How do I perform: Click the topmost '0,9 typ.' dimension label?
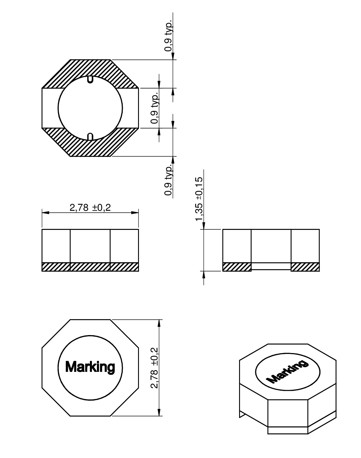[x=168, y=36]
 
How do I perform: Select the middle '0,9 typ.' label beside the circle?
[x=155, y=108]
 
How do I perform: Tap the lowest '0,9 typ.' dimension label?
[x=168, y=180]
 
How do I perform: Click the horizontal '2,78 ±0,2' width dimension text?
[x=90, y=208]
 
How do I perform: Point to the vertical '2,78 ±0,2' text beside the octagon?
[x=155, y=368]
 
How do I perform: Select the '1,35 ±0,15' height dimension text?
[x=199, y=199]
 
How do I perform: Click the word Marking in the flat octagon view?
[x=90, y=367]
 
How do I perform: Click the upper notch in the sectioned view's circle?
[x=90, y=79]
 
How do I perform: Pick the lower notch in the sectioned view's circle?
[x=90, y=137]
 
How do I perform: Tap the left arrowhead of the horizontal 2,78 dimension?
[x=46, y=213]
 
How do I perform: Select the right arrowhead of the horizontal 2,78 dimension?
[x=135, y=213]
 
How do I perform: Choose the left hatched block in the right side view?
[x=237, y=267]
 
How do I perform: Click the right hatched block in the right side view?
[x=305, y=267]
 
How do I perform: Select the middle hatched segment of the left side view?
[x=90, y=267]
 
